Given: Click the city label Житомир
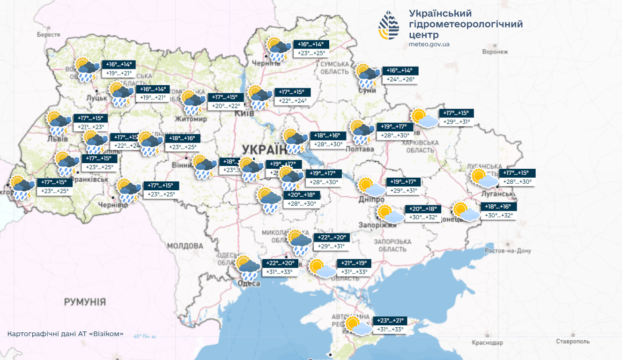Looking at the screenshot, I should [x=191, y=119].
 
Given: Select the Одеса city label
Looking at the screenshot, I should [x=249, y=284].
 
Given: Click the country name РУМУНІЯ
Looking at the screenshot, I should [x=85, y=301].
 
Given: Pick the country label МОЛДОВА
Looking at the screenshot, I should [x=185, y=246].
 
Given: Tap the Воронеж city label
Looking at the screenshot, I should [x=495, y=52].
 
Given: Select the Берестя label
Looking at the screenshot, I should [x=49, y=35].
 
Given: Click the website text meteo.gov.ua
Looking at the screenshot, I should [x=429, y=44].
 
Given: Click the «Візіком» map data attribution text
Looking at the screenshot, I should [x=66, y=334].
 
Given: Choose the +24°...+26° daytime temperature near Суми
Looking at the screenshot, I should [x=400, y=80].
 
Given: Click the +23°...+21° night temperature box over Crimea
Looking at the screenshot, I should [x=390, y=321].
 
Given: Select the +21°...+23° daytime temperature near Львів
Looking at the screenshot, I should [x=91, y=127].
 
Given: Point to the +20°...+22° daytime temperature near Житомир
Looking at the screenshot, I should [x=226, y=106].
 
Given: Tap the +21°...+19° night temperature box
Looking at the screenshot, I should [x=354, y=263].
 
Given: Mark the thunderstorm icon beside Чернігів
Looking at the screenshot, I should [x=278, y=49].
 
